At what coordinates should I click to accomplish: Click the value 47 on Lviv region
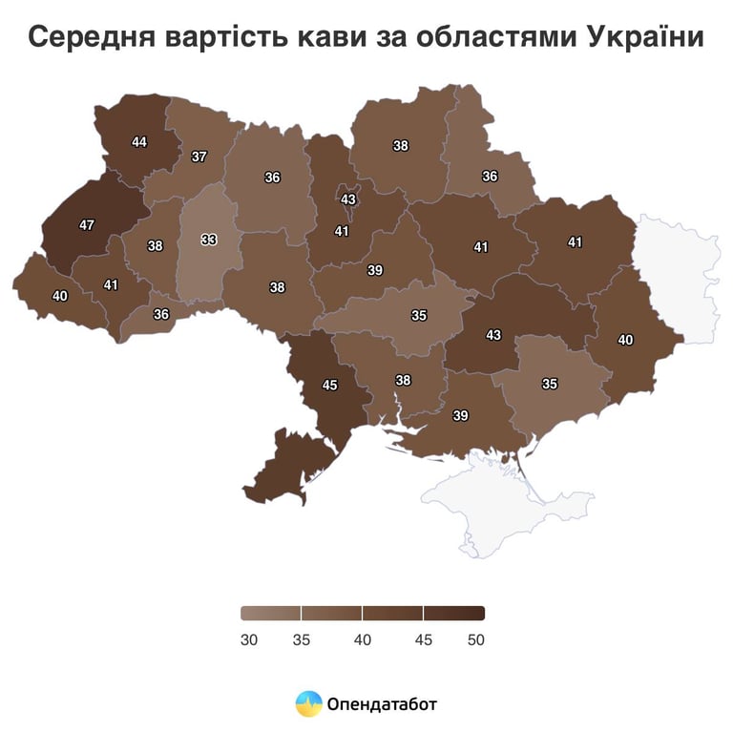coord(87,225)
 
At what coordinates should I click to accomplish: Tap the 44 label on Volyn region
coord(139,142)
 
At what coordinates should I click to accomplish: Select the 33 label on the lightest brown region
coord(209,240)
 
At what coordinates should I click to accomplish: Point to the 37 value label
coord(199,157)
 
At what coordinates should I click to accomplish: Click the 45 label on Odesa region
coord(330,386)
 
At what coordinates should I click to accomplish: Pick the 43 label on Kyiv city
coord(348,199)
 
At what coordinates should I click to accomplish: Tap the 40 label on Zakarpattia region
coord(60,297)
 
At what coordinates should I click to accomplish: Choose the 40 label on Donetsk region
coord(625,340)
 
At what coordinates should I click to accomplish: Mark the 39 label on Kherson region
coord(461,415)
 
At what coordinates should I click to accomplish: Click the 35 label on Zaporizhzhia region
coord(550,384)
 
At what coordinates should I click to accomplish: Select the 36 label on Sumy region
coord(490,177)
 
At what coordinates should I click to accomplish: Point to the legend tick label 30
coord(249,639)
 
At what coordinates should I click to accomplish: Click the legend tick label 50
coord(475,639)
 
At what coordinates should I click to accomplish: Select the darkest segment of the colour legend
coord(454,613)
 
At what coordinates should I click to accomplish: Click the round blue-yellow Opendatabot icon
coord(308,704)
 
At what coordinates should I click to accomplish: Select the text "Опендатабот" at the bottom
coord(382,705)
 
